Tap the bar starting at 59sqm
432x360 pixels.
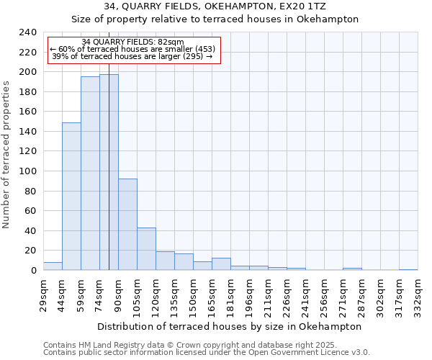pyautogui.click(x=90, y=174)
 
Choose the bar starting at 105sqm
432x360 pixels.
pyautogui.click(x=146, y=249)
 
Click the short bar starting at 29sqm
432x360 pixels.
pyautogui.click(x=53, y=266)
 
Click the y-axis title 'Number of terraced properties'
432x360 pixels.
pyautogui.click(x=7, y=154)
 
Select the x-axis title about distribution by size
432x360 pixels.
pyautogui.click(x=230, y=326)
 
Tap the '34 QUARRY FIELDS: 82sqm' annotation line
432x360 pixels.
pyautogui.click(x=132, y=42)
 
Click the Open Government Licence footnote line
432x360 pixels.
pyautogui.click(x=207, y=353)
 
